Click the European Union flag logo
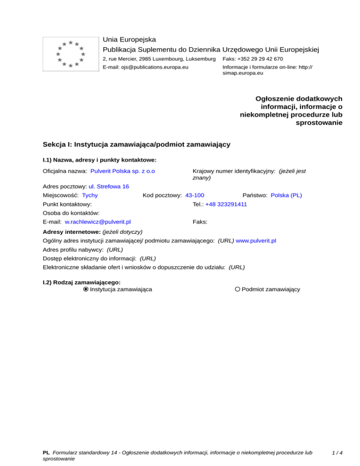coord(70,53)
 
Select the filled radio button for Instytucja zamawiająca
coord(86,289)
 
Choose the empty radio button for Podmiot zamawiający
coord(238,289)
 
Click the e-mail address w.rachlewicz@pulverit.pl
coord(97,222)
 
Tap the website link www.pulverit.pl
coord(255,241)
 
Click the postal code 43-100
coord(195,195)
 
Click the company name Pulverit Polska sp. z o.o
coord(123,172)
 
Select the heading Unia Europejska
coord(129,39)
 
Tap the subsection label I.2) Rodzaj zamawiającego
coord(82,282)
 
